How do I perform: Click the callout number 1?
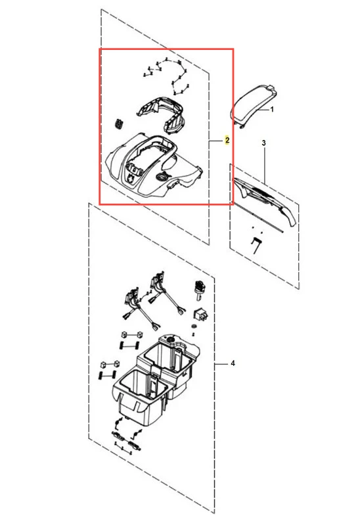(272, 109)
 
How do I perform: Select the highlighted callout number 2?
(227, 140)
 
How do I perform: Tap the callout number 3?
(263, 143)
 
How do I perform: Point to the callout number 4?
(233, 363)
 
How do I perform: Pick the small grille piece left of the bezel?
(118, 123)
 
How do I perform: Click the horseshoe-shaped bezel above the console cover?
(162, 114)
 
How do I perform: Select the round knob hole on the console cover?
(163, 177)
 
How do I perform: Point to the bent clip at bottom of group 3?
(256, 245)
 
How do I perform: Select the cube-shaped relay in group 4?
(200, 315)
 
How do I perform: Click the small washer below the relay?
(193, 325)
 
